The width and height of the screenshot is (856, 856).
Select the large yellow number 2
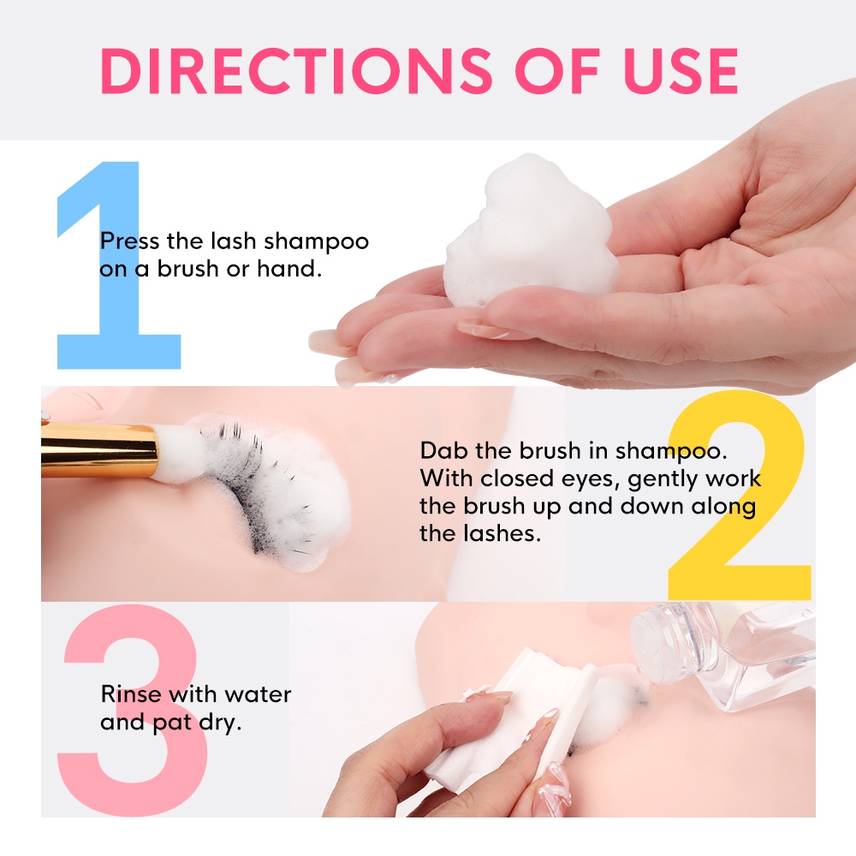(x=741, y=496)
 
